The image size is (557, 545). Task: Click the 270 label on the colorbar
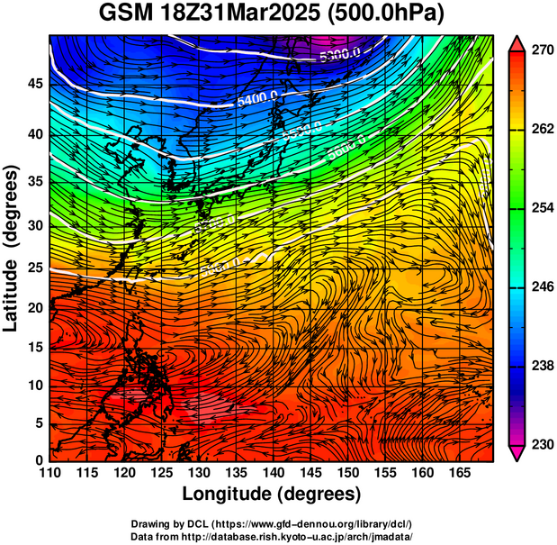pyautogui.click(x=542, y=51)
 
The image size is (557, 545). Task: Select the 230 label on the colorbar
pyautogui.click(x=542, y=444)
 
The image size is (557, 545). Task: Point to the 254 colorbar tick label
pyautogui.click(x=542, y=208)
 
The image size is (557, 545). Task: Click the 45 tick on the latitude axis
pyautogui.click(x=34, y=84)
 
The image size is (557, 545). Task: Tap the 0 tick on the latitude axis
pyautogui.click(x=39, y=460)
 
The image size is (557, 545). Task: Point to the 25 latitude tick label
pyautogui.click(x=34, y=268)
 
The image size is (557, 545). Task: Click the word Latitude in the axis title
pyautogui.click(x=13, y=280)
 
